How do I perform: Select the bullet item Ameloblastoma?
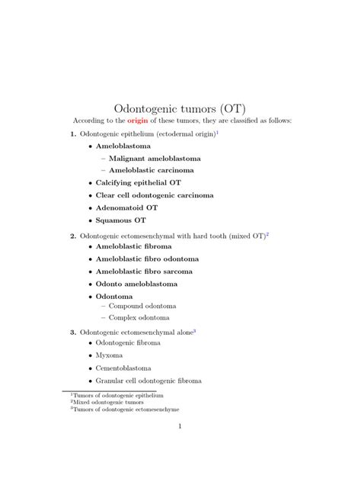(123, 146)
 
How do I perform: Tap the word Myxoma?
(109, 355)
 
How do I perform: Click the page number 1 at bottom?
(180, 448)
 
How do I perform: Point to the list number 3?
(72, 332)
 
